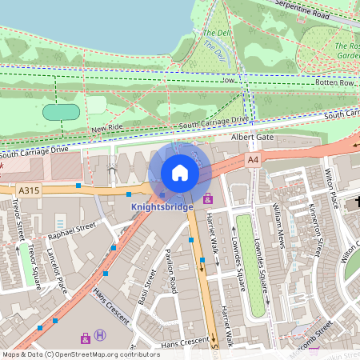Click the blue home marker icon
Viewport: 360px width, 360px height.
coord(180,173)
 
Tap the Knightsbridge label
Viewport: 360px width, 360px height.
coord(162,207)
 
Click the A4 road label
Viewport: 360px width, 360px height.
coord(254,160)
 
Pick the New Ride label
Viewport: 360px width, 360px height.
coord(107,128)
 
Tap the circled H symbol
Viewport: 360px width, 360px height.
coord(100,336)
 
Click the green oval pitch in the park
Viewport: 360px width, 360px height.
coord(61,112)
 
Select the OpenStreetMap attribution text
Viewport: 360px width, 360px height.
coord(81,354)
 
